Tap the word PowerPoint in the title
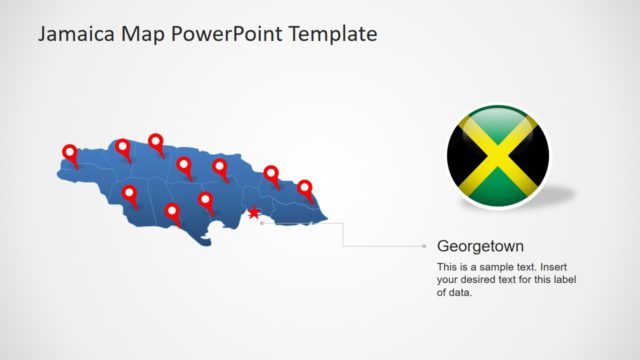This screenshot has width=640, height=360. coord(226,34)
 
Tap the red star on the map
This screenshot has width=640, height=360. coord(254,213)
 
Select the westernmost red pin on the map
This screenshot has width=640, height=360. coord(70,153)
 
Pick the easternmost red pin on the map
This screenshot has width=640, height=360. coord(305,188)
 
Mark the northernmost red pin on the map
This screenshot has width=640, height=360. coord(156,142)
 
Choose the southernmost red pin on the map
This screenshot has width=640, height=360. coord(172,212)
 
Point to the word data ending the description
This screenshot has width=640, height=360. coord(459,293)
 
